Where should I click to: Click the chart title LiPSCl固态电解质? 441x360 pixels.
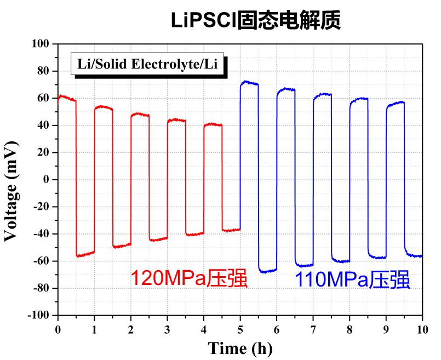(255, 20)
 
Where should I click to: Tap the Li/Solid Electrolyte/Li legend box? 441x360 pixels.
(148, 64)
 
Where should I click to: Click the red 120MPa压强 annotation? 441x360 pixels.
(189, 278)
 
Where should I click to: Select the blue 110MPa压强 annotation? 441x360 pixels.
(353, 279)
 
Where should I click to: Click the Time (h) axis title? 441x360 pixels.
(239, 347)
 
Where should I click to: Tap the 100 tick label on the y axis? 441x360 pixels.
(41, 44)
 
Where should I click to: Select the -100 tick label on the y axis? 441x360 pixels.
(39, 316)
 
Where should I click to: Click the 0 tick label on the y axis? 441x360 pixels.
(46, 180)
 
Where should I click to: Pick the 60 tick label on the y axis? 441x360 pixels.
(43, 98)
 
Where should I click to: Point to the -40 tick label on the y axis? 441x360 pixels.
(41, 234)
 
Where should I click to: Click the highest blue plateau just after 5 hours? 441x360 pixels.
(249, 83)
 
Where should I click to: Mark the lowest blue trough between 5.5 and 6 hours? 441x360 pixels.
(267, 270)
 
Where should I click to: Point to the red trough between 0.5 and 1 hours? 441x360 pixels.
(85, 254)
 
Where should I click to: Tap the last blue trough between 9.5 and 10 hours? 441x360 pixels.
(414, 255)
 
